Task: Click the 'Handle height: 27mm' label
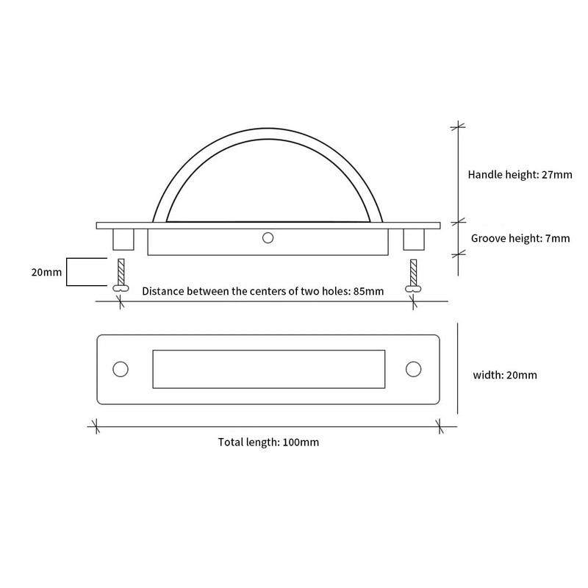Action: (520, 175)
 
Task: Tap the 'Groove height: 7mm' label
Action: (520, 238)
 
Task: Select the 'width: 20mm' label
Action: (505, 375)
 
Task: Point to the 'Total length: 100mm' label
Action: (268, 442)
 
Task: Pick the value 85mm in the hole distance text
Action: (369, 291)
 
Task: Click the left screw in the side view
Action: (121, 275)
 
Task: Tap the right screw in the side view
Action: (413, 276)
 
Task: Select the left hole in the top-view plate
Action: (121, 369)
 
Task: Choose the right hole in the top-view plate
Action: (413, 369)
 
